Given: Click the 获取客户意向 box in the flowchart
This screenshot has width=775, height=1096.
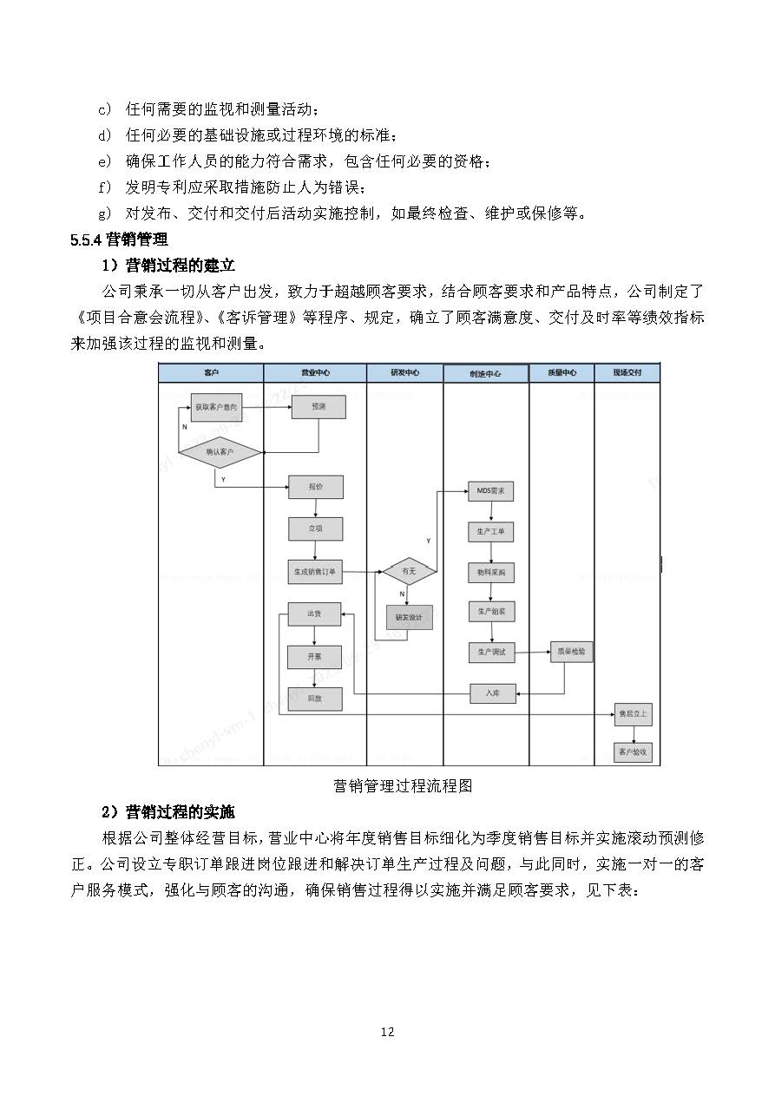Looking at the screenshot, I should click(215, 407).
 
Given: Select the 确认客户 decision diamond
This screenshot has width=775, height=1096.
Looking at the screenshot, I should click(220, 452).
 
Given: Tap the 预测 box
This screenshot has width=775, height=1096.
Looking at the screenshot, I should click(318, 407).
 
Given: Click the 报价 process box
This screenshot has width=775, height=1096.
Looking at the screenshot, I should click(316, 487).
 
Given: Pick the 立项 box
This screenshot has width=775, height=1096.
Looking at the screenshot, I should click(316, 528).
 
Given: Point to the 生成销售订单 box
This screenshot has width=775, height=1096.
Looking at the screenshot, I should click(316, 572).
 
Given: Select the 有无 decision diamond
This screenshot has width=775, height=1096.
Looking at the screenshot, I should click(409, 571).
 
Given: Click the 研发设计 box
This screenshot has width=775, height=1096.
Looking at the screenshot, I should click(409, 617).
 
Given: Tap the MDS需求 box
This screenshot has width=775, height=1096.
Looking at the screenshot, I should click(490, 491).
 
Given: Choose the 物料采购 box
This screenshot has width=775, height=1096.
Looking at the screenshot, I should click(490, 573).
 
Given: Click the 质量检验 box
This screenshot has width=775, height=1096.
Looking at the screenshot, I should click(571, 651).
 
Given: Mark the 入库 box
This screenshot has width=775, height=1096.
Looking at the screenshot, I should click(492, 692).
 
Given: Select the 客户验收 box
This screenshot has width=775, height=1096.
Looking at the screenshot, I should click(633, 751).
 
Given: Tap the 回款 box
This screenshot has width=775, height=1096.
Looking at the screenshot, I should click(314, 698).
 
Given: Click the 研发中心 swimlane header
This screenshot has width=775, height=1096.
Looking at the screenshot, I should click(404, 372).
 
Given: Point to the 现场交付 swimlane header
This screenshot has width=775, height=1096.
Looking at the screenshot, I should click(627, 372).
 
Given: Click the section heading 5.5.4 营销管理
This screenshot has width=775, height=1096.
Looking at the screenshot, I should click(119, 240).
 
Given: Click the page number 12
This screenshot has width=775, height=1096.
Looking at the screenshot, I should click(387, 1032).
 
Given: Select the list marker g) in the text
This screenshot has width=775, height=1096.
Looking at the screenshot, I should click(105, 213).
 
